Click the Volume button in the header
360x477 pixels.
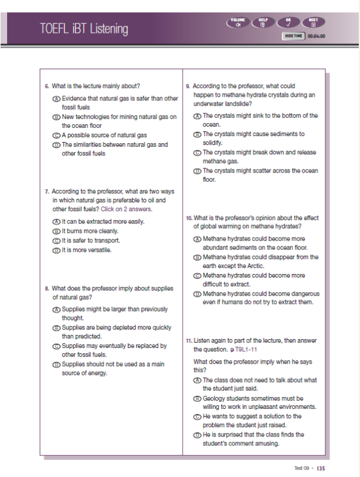(238, 23)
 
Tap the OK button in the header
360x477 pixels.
(288, 23)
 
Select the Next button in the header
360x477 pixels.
(314, 23)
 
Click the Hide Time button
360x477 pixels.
(294, 36)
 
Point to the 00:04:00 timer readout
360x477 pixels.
(315, 36)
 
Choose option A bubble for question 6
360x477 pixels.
(56, 99)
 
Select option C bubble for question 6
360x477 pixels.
(56, 135)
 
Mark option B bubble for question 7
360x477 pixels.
(56, 231)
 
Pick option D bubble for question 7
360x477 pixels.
(56, 250)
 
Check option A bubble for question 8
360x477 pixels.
(56, 309)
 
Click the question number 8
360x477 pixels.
(46, 289)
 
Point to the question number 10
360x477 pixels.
(189, 218)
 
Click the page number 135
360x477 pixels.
(321, 468)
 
